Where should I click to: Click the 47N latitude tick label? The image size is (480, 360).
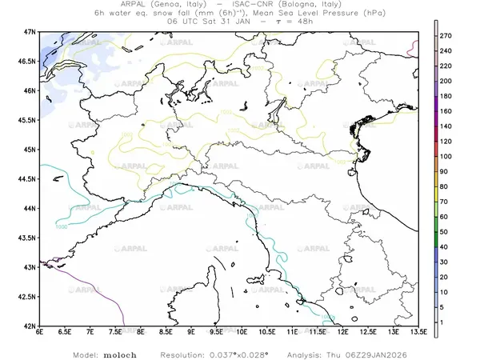pyautogui.click(x=30, y=31)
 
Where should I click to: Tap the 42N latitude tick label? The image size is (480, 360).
pyautogui.click(x=30, y=326)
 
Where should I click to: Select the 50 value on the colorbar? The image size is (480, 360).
pyautogui.click(x=446, y=231)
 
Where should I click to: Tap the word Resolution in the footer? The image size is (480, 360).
pyautogui.click(x=188, y=353)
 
